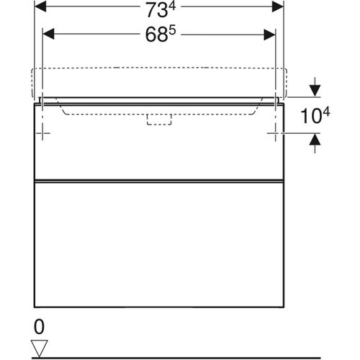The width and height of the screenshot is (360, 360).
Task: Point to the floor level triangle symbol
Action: click(39, 347)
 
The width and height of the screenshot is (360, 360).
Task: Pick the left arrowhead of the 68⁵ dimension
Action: click(49, 33)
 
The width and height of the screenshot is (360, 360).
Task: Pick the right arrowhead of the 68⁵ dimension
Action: click(270, 33)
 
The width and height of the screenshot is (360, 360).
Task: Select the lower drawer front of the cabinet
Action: click(159, 245)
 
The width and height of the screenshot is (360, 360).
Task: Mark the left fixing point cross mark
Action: click(44, 133)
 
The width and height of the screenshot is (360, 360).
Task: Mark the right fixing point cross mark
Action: click(275, 133)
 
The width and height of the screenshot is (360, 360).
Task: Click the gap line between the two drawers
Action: click(159, 179)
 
